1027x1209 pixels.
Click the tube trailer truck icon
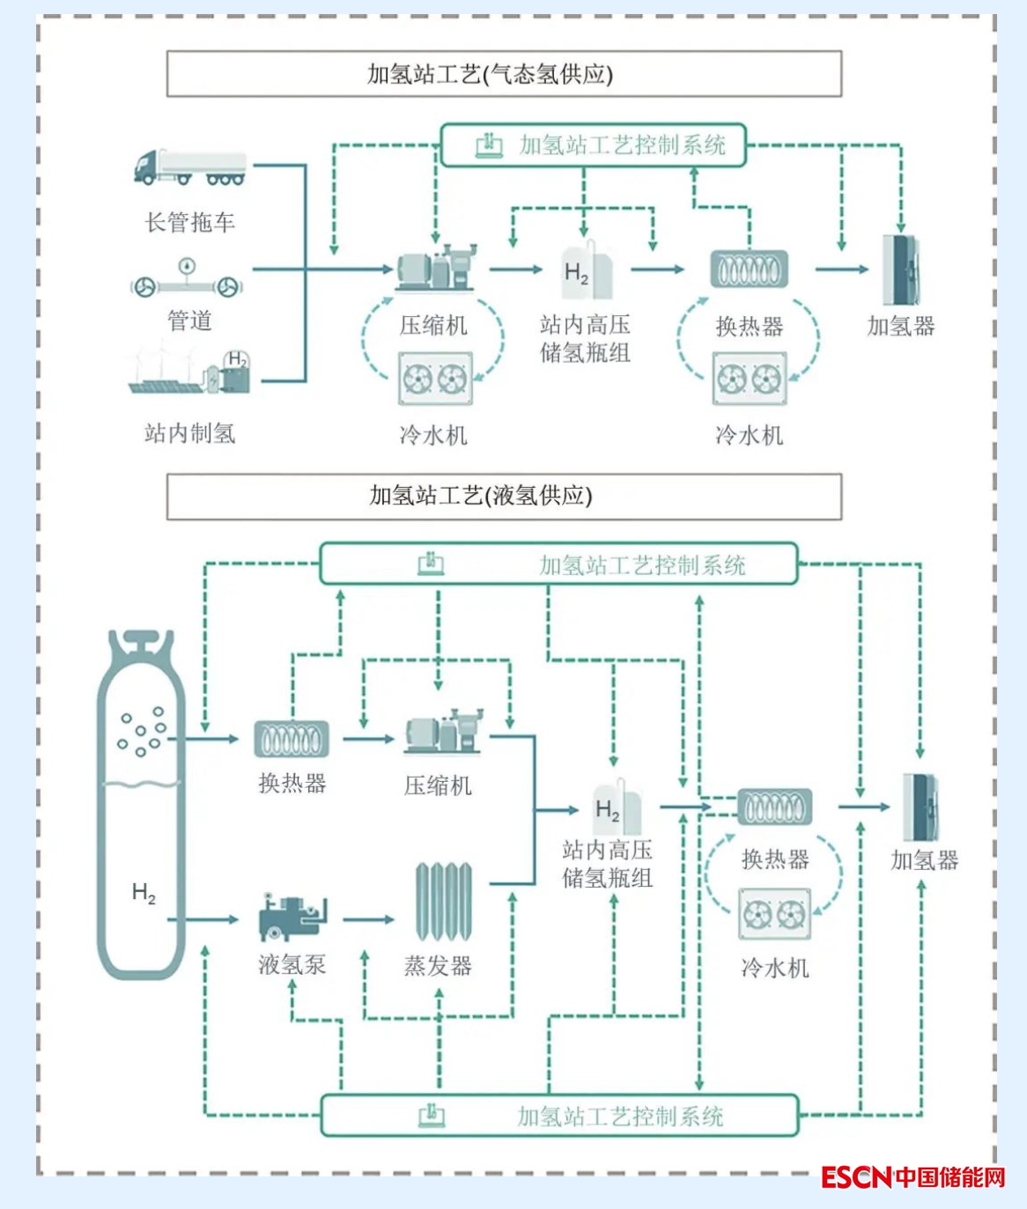pos(189,167)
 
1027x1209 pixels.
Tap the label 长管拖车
pos(190,222)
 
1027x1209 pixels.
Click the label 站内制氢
pos(190,433)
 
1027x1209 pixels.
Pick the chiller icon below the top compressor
pos(435,380)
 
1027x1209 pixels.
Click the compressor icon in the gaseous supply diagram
pos(435,268)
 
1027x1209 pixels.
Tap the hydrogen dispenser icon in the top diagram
pos(901,269)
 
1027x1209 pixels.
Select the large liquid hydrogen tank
pos(141,806)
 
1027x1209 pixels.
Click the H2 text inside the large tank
pos(144,893)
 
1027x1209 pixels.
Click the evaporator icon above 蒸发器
pos(443,903)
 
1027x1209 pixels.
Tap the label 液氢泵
pos(292,965)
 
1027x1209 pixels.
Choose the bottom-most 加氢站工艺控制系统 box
pos(559,1117)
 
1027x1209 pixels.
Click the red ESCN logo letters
pos(856,1177)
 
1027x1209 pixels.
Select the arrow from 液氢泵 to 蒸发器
pos(368,920)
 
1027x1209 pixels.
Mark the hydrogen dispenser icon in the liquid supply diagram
pos(920,807)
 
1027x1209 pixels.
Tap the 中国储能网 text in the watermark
pos(950,1177)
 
